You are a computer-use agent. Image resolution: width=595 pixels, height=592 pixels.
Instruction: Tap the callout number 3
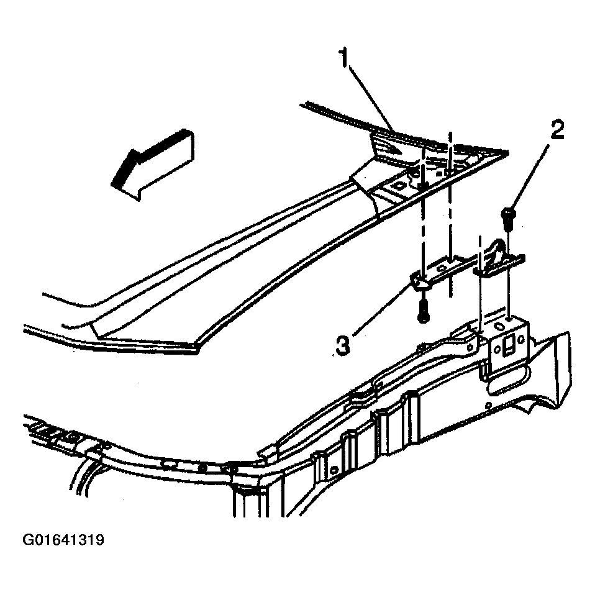click(x=343, y=345)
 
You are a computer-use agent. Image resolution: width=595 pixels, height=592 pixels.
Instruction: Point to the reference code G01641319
click(x=63, y=540)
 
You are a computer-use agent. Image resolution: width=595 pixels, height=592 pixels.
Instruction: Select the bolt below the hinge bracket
click(x=424, y=311)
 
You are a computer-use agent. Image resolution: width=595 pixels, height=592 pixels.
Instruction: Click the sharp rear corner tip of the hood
click(x=507, y=151)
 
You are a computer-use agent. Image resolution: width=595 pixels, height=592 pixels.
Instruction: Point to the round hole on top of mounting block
click(x=499, y=326)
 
